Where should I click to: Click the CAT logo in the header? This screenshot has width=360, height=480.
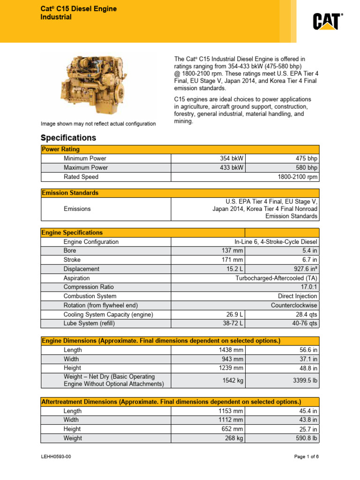[328, 21]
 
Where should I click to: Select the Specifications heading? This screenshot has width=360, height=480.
[68, 138]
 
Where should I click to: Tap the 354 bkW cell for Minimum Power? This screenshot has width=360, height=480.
[232, 159]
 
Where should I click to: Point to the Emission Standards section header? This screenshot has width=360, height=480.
[70, 193]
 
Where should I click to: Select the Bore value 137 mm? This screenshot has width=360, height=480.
[232, 251]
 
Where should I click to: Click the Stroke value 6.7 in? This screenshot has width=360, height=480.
[309, 260]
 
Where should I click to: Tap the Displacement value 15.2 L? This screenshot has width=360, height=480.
[235, 269]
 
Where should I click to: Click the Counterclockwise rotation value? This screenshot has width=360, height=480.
[294, 305]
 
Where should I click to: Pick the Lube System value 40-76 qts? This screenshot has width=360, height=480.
[305, 323]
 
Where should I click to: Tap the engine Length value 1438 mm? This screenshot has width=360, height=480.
[231, 350]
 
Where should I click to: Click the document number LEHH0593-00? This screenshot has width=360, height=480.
[56, 457]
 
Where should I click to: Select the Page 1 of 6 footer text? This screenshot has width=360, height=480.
[306, 457]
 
